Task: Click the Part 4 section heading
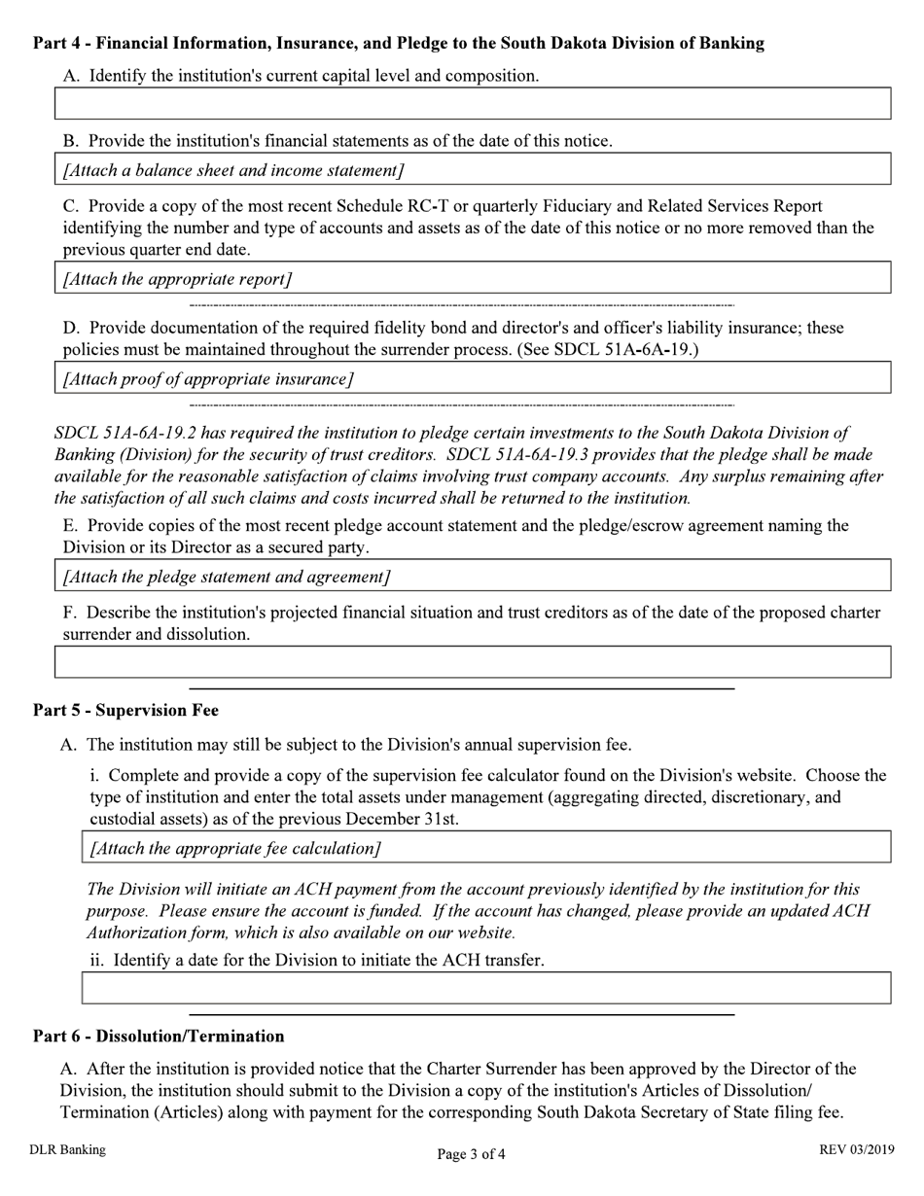tap(398, 44)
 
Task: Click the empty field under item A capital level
tap(472, 103)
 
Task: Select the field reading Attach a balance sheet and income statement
tap(472, 169)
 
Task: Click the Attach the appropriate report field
tap(472, 278)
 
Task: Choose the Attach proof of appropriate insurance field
tap(472, 378)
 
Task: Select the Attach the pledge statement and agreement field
tap(472, 576)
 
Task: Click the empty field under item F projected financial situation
tap(472, 662)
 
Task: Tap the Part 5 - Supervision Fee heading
tap(125, 711)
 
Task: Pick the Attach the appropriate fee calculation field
tap(485, 847)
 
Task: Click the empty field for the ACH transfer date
tap(485, 988)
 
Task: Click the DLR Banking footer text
tap(67, 1150)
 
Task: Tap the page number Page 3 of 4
tap(471, 1155)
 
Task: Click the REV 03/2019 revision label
tap(856, 1150)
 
